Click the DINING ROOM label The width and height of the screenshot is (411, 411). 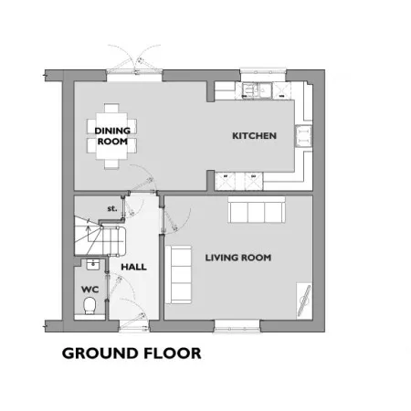[112, 136]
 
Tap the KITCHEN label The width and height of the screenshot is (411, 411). [254, 136]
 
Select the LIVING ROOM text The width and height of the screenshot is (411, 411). [238, 258]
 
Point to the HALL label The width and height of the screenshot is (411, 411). [133, 267]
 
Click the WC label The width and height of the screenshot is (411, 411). [90, 290]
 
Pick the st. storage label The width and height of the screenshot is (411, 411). [112, 208]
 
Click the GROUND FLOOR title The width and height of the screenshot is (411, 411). [132, 353]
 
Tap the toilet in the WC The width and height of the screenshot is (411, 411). [90, 305]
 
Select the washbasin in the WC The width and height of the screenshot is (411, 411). [92, 264]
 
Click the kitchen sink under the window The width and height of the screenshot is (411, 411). [257, 90]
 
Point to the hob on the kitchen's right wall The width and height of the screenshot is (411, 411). [303, 136]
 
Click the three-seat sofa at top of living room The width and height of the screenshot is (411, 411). [257, 209]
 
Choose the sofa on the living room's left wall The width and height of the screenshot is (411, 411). [179, 274]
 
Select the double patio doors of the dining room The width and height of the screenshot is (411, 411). [134, 62]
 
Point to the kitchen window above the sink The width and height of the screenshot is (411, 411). [263, 71]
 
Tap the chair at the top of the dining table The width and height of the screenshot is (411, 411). [111, 109]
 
